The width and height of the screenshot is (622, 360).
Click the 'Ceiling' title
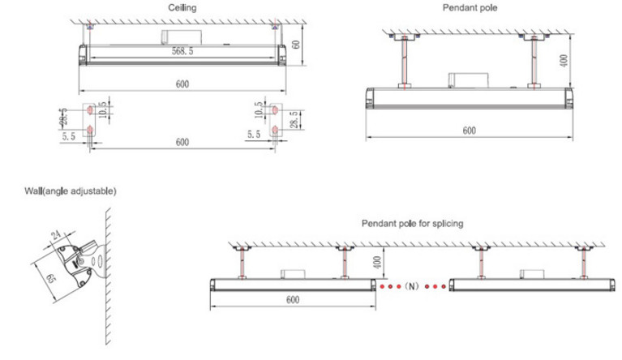182,7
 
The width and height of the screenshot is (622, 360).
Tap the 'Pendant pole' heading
470,7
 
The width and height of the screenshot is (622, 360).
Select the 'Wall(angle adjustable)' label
71,191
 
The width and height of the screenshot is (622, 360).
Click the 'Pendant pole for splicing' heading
412,224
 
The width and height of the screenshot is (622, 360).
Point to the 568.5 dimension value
182,51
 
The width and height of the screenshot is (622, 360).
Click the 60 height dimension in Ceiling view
296,44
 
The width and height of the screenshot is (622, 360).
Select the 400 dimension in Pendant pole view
564,61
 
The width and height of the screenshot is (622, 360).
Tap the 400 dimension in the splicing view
377,262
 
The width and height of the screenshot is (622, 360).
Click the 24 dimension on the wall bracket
56,235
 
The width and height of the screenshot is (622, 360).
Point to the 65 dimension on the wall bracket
49,278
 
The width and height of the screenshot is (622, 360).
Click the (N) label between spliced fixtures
412,286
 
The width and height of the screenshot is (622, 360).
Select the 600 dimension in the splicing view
293,300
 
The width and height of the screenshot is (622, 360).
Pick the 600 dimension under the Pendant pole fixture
470,131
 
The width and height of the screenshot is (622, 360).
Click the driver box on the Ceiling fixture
182,37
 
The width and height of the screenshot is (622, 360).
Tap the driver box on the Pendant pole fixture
468,80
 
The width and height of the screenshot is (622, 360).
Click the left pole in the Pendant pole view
404,62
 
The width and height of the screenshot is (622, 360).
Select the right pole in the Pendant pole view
534,62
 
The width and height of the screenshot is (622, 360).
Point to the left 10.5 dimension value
103,109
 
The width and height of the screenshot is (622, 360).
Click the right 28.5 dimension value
294,119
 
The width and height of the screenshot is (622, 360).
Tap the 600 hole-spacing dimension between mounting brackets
182,142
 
